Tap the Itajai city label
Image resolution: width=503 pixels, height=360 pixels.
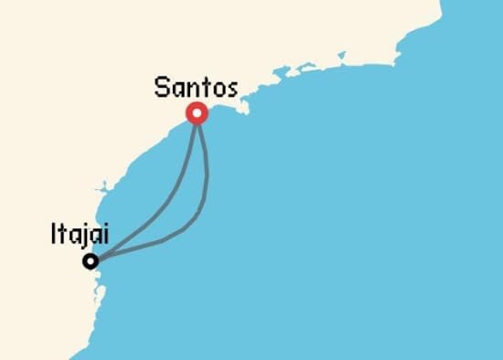(x=80, y=236)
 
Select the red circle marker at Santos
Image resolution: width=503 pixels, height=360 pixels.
(x=197, y=113)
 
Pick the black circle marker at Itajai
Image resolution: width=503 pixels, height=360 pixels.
(x=90, y=261)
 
